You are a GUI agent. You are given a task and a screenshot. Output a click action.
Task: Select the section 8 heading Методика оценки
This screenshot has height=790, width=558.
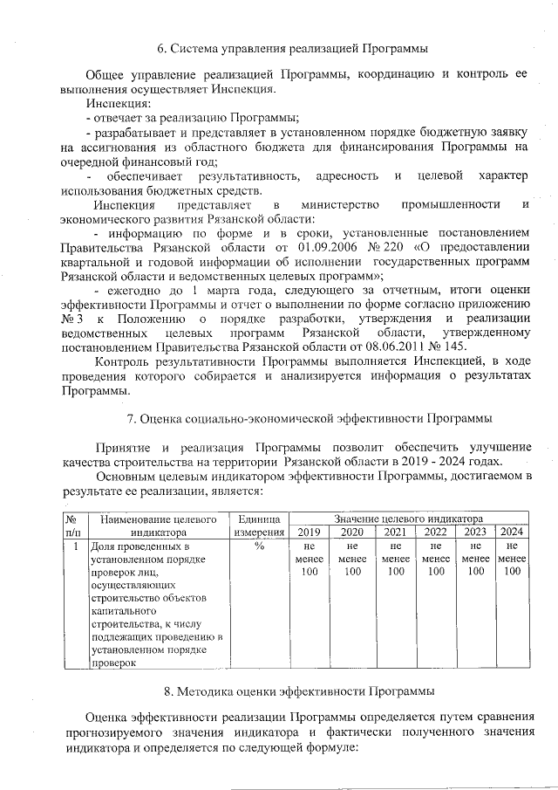pyautogui.click(x=305, y=691)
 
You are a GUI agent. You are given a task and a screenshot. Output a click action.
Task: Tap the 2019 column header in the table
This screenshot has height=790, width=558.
pyautogui.click(x=310, y=532)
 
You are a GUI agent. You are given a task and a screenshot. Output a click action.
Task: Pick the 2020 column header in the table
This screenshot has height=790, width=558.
pyautogui.click(x=352, y=532)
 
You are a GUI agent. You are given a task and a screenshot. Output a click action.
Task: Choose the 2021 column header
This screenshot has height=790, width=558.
pyautogui.click(x=396, y=532)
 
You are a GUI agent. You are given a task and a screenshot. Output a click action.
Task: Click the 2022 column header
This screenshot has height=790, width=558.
pyautogui.click(x=436, y=532)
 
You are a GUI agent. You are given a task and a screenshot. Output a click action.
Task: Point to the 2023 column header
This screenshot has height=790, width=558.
pyautogui.click(x=475, y=532)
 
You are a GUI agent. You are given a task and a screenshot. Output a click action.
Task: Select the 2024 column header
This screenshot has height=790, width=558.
pyautogui.click(x=512, y=532)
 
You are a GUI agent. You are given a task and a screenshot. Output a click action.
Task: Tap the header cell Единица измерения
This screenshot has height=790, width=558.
pyautogui.click(x=260, y=525)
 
